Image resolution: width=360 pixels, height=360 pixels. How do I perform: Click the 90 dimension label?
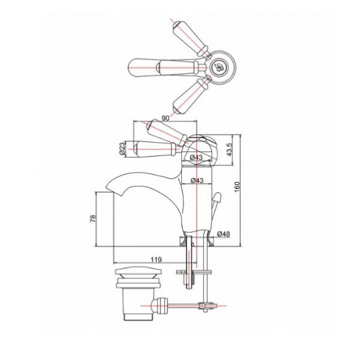pyautogui.click(x=166, y=118)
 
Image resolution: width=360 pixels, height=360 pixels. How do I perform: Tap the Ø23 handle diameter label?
pyautogui.click(x=122, y=149)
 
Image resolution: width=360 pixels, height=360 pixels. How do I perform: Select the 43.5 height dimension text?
pyautogui.click(x=230, y=149)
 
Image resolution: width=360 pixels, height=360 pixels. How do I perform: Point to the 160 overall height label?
pyautogui.click(x=237, y=187)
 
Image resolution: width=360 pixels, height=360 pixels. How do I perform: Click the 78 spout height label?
pyautogui.click(x=93, y=218)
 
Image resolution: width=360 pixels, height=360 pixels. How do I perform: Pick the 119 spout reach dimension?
pyautogui.click(x=156, y=259)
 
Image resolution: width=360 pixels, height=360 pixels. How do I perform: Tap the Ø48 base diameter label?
pyautogui.click(x=223, y=234)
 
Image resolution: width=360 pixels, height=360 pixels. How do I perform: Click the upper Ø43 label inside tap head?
pyautogui.click(x=196, y=157)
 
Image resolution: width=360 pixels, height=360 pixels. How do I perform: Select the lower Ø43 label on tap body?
pyautogui.click(x=197, y=181)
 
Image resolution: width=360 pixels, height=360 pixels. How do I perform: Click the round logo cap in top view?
pyautogui.click(x=218, y=67)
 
